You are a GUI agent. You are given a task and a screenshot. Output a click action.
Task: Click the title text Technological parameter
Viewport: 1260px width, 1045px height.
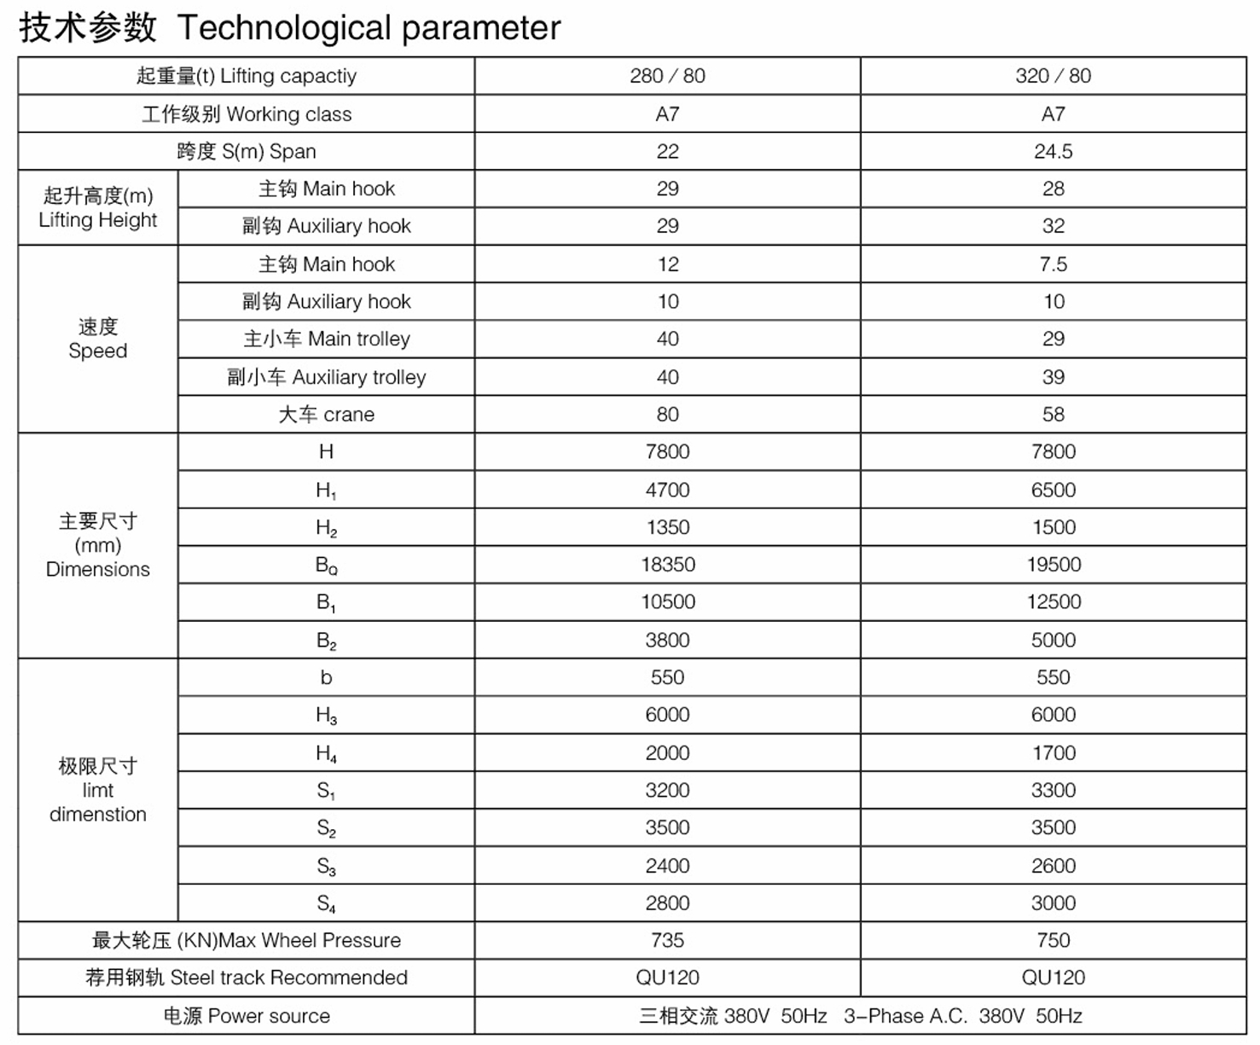(369, 28)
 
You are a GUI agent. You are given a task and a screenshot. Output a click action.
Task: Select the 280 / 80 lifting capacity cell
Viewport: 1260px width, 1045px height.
(667, 76)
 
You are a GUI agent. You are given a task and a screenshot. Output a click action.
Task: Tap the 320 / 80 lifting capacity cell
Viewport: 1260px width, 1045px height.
(1053, 76)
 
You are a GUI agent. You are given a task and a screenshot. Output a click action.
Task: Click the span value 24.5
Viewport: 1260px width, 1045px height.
(1053, 152)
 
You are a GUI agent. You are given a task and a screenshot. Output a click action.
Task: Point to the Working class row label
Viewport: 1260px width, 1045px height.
(247, 114)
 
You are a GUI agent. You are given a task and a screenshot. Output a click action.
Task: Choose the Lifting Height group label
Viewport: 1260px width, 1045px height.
(98, 208)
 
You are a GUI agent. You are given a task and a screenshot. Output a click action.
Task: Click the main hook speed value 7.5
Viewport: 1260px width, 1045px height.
(1053, 264)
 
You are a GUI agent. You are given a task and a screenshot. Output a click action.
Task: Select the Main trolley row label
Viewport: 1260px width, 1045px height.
(327, 340)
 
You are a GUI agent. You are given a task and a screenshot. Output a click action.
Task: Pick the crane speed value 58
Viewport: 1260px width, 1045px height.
(1053, 415)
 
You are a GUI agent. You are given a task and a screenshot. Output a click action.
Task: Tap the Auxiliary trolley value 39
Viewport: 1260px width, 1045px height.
(1053, 377)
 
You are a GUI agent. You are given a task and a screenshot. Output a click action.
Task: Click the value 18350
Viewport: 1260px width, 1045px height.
(668, 565)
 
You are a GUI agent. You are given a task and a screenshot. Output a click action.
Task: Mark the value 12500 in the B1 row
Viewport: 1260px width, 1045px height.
(1054, 602)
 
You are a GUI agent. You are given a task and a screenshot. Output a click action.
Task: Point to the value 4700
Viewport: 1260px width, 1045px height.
(667, 491)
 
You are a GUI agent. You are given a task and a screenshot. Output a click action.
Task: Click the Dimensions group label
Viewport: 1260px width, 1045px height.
(98, 546)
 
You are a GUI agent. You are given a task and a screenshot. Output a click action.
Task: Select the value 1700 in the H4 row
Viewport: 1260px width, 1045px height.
(1053, 753)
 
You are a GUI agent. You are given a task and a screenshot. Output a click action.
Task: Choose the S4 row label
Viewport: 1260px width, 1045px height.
(327, 903)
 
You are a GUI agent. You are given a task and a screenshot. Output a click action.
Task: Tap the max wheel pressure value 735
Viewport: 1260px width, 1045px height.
(667, 941)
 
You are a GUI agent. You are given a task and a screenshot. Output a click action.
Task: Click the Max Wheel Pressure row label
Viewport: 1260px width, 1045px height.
(247, 941)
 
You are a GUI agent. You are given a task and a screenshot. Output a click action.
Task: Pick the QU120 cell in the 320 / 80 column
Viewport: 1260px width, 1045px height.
(1053, 978)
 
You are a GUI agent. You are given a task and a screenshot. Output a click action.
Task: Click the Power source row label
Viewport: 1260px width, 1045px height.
(247, 1016)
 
